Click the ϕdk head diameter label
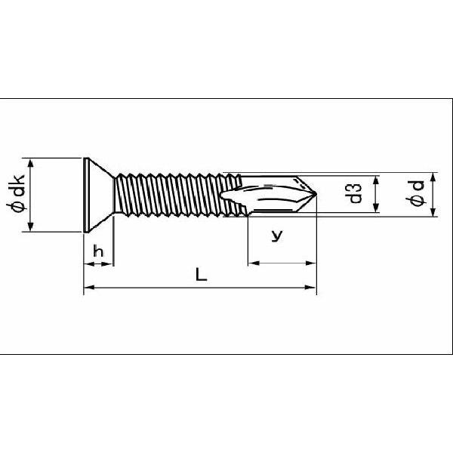[x=17, y=193]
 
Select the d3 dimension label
[x=353, y=193]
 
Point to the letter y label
[x=277, y=236]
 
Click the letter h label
[x=98, y=251]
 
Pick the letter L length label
[x=201, y=274]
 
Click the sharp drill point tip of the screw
[x=316, y=194]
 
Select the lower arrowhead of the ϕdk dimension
[x=31, y=226]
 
